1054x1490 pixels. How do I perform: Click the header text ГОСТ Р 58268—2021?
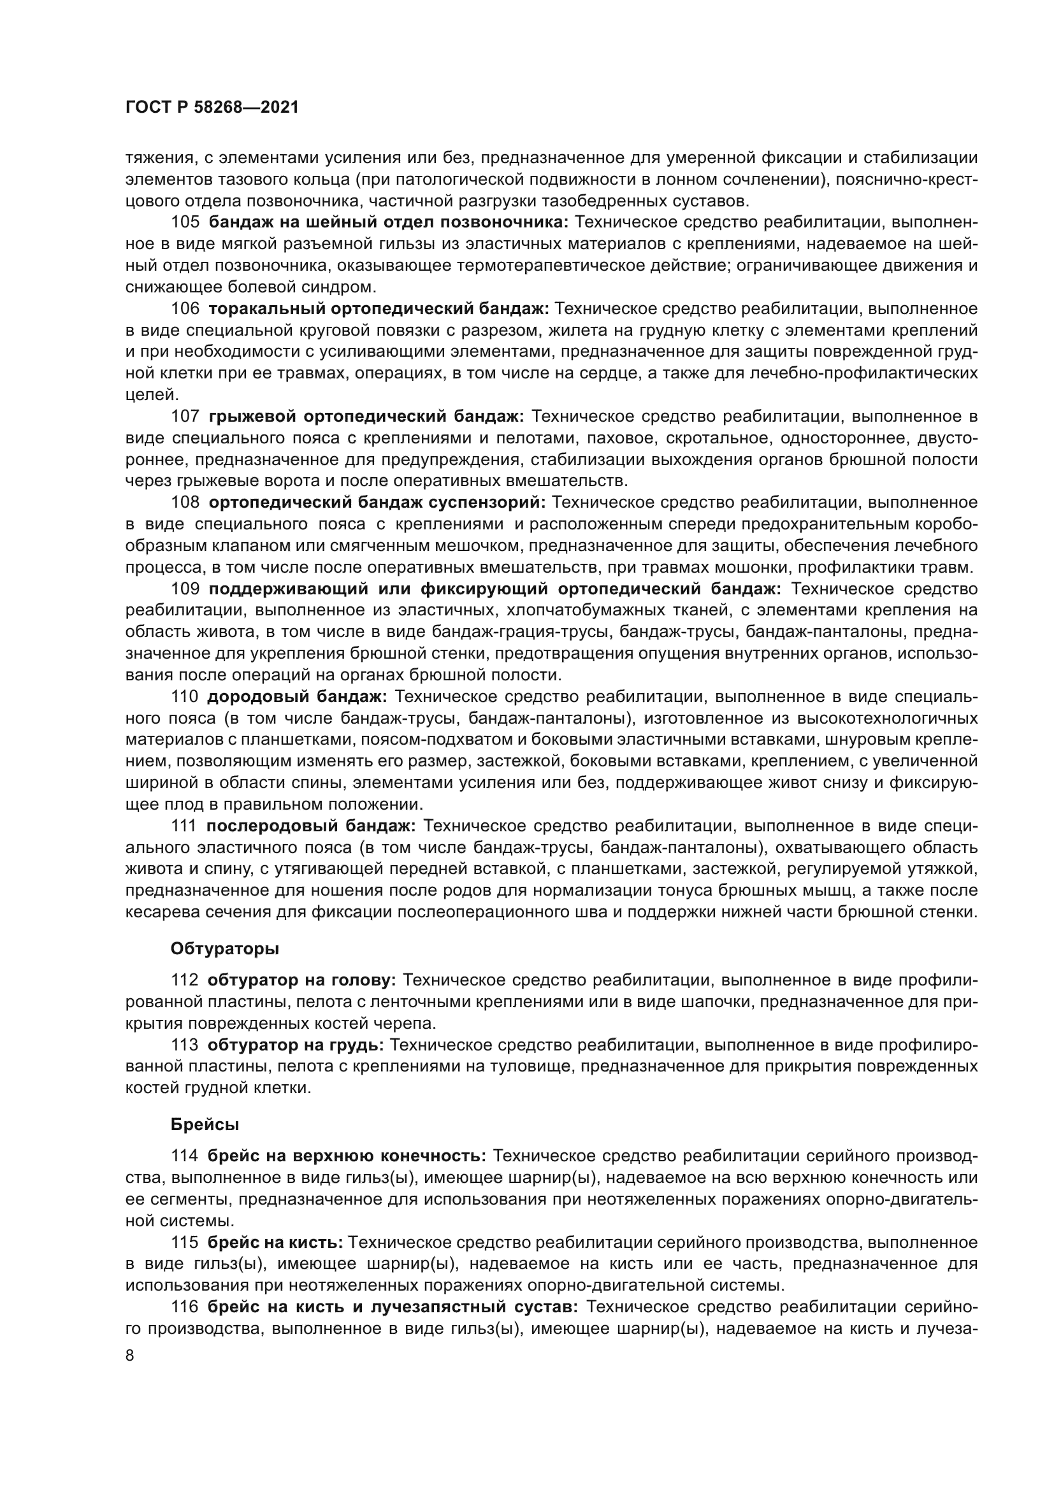pyautogui.click(x=212, y=108)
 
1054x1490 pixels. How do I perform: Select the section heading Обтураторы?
pyautogui.click(x=224, y=949)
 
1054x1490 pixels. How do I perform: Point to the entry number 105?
pyautogui.click(x=185, y=222)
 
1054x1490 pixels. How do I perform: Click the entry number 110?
pyautogui.click(x=185, y=696)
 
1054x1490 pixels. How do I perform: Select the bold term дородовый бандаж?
pyautogui.click(x=297, y=696)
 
